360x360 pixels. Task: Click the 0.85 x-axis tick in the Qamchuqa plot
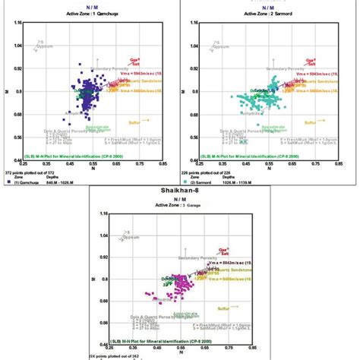[x=162, y=162]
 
